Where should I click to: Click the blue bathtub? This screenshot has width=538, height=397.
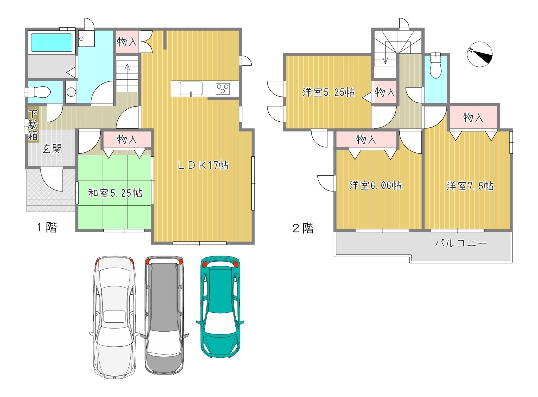point(51,43)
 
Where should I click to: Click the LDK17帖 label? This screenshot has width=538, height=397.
point(203,165)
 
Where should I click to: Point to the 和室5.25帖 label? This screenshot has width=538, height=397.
point(115,193)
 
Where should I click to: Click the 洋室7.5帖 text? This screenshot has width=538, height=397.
point(470,186)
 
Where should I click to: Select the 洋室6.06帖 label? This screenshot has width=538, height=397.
point(375,185)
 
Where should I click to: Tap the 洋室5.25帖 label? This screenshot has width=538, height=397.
point(329,92)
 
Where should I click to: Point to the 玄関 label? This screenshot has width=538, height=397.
point(52,149)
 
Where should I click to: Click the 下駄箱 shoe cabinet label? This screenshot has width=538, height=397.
point(33,125)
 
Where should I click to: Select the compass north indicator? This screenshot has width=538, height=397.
point(480,54)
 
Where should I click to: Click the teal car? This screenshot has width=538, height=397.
point(220,307)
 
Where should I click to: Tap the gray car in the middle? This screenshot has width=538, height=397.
point(164,315)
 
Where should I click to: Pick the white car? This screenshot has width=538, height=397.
point(115,317)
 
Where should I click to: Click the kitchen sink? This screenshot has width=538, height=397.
point(191,89)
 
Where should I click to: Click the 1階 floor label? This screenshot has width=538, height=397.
point(47,228)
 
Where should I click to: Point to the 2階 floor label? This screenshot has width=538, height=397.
point(303,228)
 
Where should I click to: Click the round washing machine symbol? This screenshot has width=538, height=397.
point(71,92)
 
